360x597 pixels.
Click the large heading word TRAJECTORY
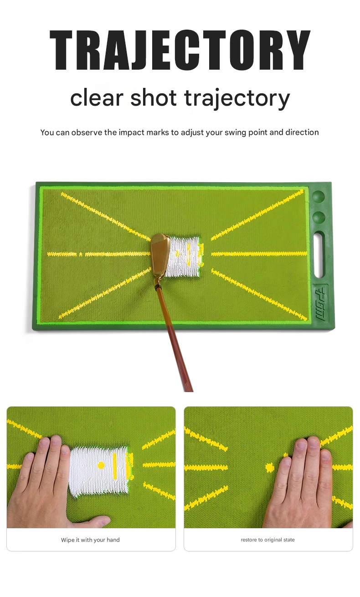tap(180, 50)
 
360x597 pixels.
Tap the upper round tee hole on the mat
tap(319, 198)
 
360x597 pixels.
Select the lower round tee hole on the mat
tap(319, 217)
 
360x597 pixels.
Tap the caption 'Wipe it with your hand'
tap(90, 540)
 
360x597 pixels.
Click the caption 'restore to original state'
tap(267, 540)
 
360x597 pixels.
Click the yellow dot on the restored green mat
tap(270, 467)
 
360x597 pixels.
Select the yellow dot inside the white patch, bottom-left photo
tap(101, 465)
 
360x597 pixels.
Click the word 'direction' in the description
tap(302, 133)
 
